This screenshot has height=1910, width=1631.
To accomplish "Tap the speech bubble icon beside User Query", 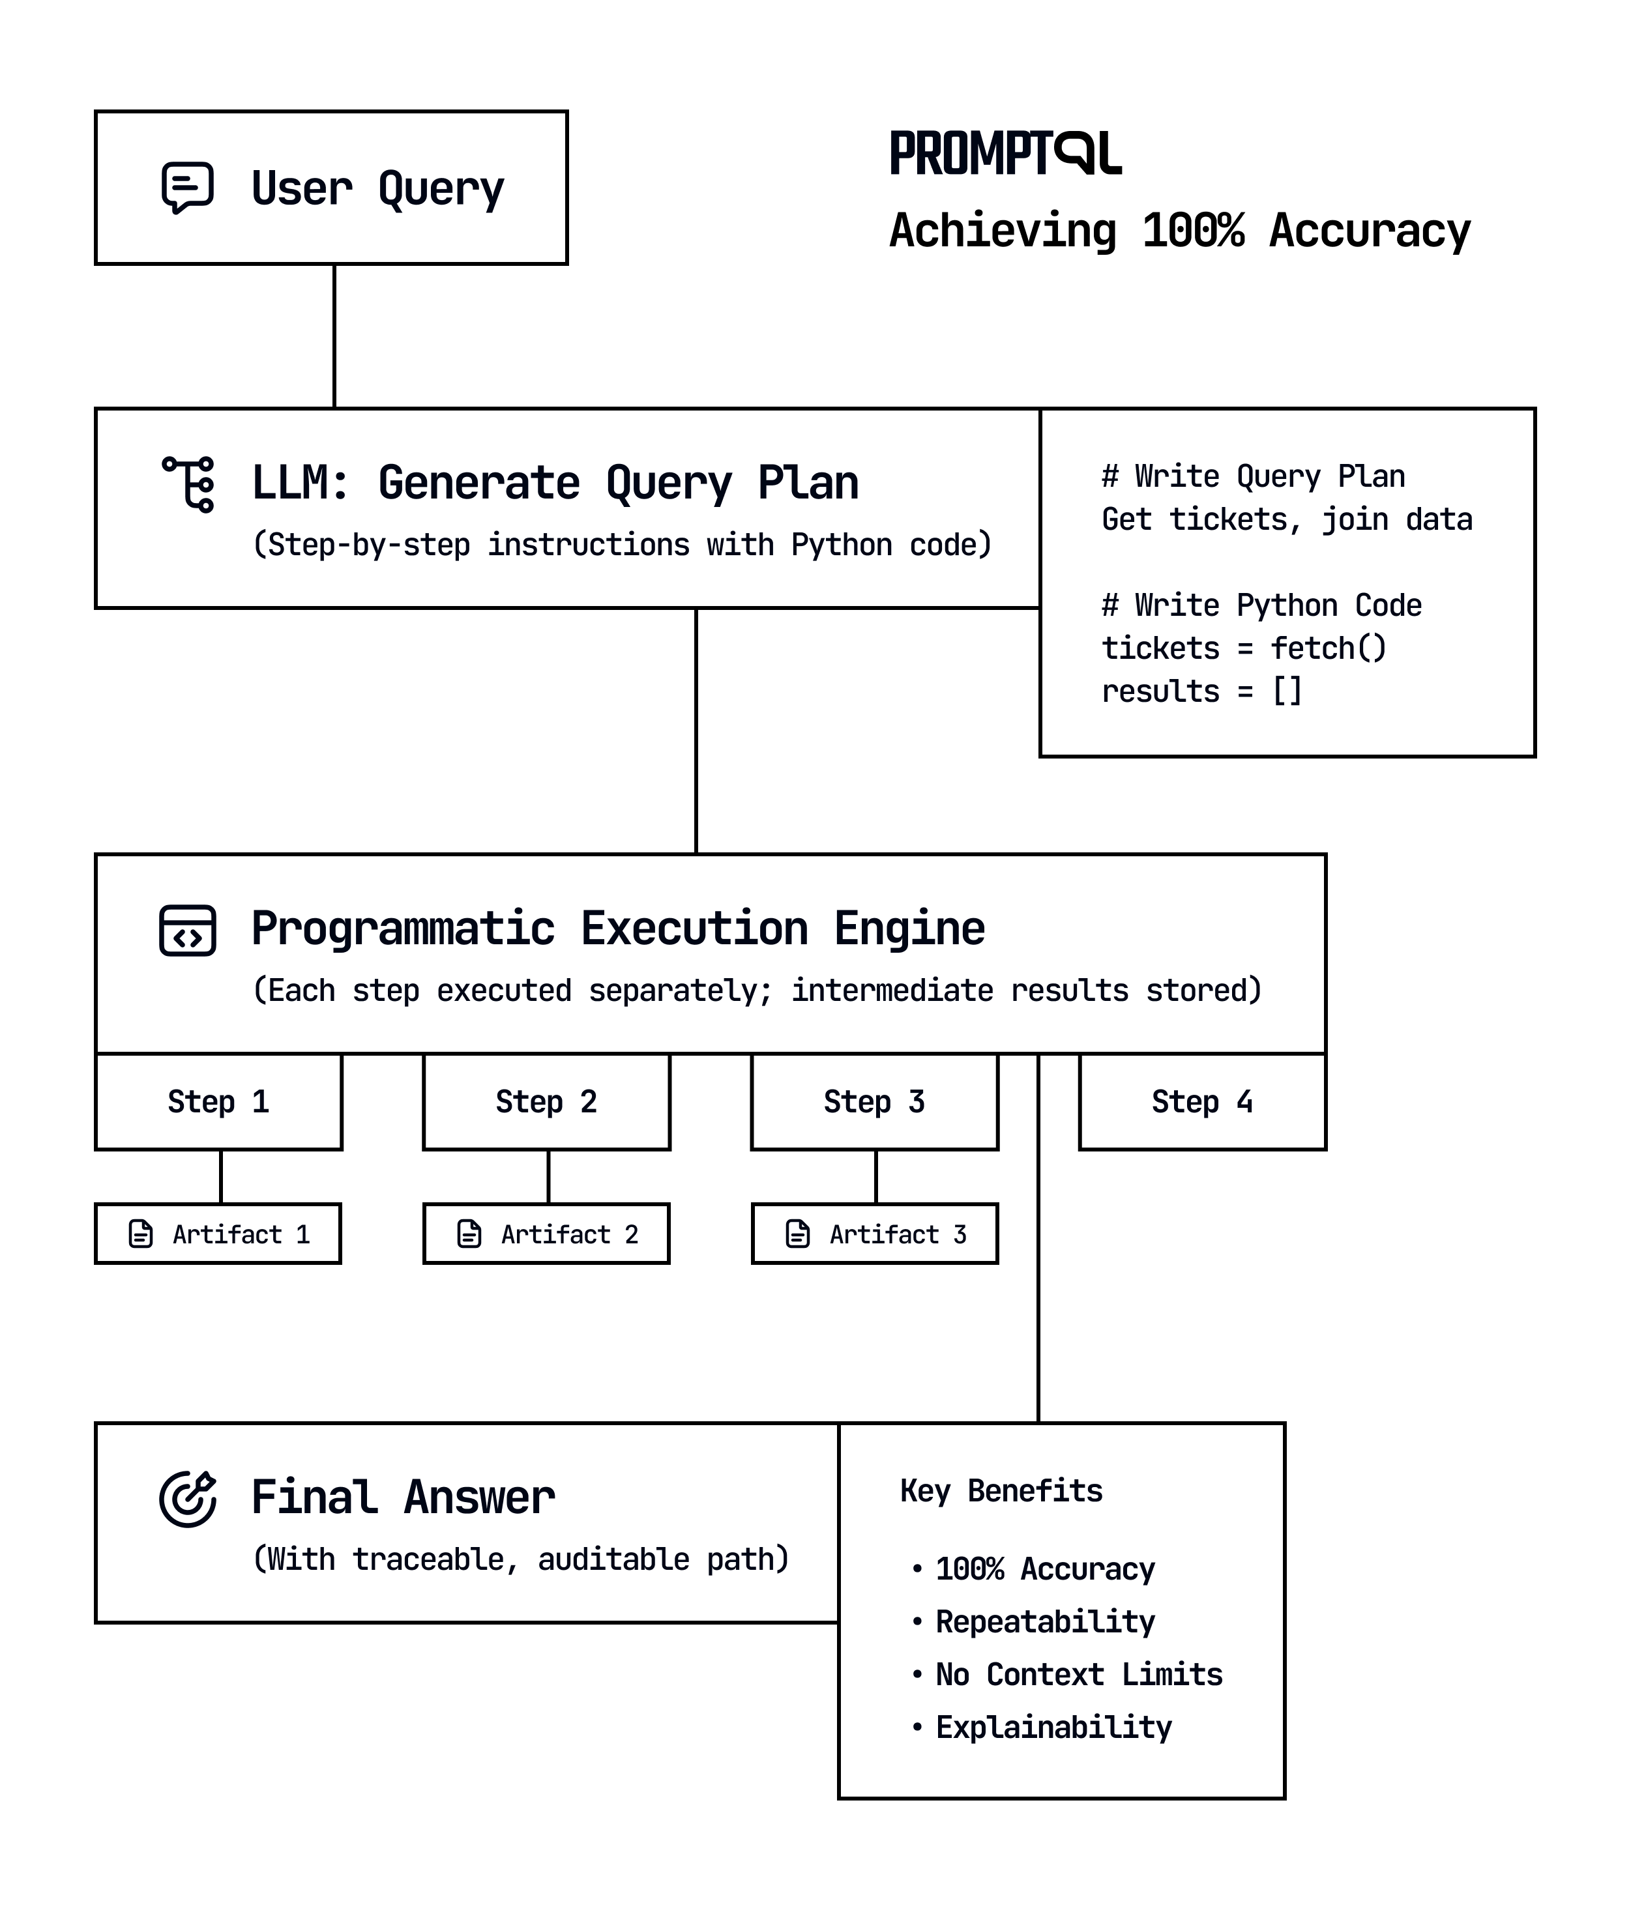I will [x=187, y=188].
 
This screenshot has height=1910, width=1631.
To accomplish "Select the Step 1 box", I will [x=218, y=1101].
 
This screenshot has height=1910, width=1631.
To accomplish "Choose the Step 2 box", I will [x=547, y=1101].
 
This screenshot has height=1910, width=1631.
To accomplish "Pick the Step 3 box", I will [x=874, y=1101].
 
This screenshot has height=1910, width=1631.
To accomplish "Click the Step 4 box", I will [x=1202, y=1101].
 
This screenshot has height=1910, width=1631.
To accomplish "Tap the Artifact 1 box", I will [x=218, y=1234].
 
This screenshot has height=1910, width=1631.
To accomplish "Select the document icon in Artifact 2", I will [x=469, y=1234].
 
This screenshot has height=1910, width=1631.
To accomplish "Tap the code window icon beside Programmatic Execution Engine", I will [x=187, y=930].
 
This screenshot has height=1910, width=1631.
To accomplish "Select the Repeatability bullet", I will [x=1044, y=1621].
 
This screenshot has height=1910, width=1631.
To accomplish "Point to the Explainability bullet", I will [x=1053, y=1726].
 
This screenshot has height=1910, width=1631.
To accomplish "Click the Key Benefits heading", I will [x=1001, y=1490].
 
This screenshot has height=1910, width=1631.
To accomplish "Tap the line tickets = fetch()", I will [x=1244, y=648].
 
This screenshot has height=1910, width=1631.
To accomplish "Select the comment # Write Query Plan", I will [x=1253, y=476].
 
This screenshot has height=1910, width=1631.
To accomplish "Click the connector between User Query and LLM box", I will [x=334, y=336].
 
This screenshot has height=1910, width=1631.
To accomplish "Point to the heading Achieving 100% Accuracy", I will [x=1179, y=231].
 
